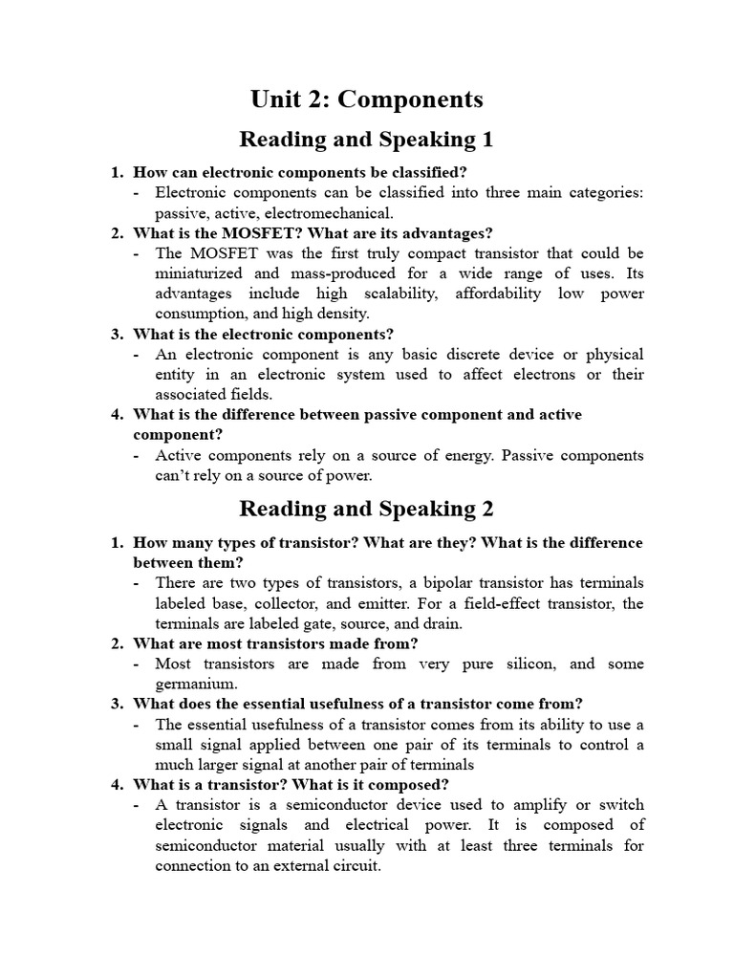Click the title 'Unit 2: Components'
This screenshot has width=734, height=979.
[x=366, y=98]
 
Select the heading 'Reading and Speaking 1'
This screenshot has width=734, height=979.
[x=366, y=140]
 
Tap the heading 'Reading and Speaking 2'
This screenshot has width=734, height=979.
[x=366, y=508]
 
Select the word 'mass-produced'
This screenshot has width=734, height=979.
[x=346, y=273]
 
